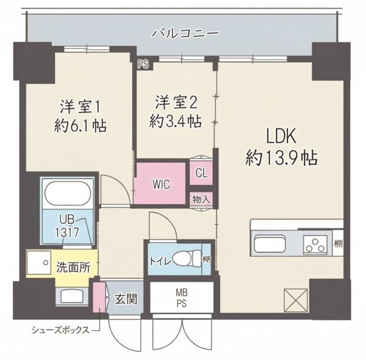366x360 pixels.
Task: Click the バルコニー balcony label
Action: pyautogui.click(x=185, y=32)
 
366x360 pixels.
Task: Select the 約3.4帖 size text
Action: pyautogui.click(x=176, y=121)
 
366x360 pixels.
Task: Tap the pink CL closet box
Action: pyautogui.click(x=201, y=173)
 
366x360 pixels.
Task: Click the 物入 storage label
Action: pyautogui.click(x=201, y=199)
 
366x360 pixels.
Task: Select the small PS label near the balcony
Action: pyautogui.click(x=143, y=63)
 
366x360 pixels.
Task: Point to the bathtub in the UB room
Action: pyautogui.click(x=68, y=194)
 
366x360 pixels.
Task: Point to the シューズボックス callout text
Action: pyautogui.click(x=60, y=330)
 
